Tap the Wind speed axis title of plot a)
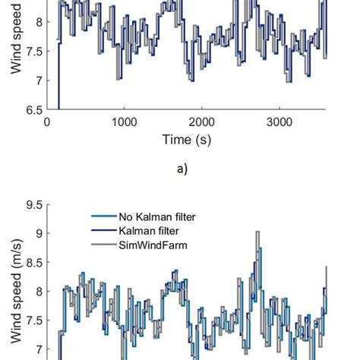coord(14,38)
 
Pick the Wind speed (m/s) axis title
coord(14,304)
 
